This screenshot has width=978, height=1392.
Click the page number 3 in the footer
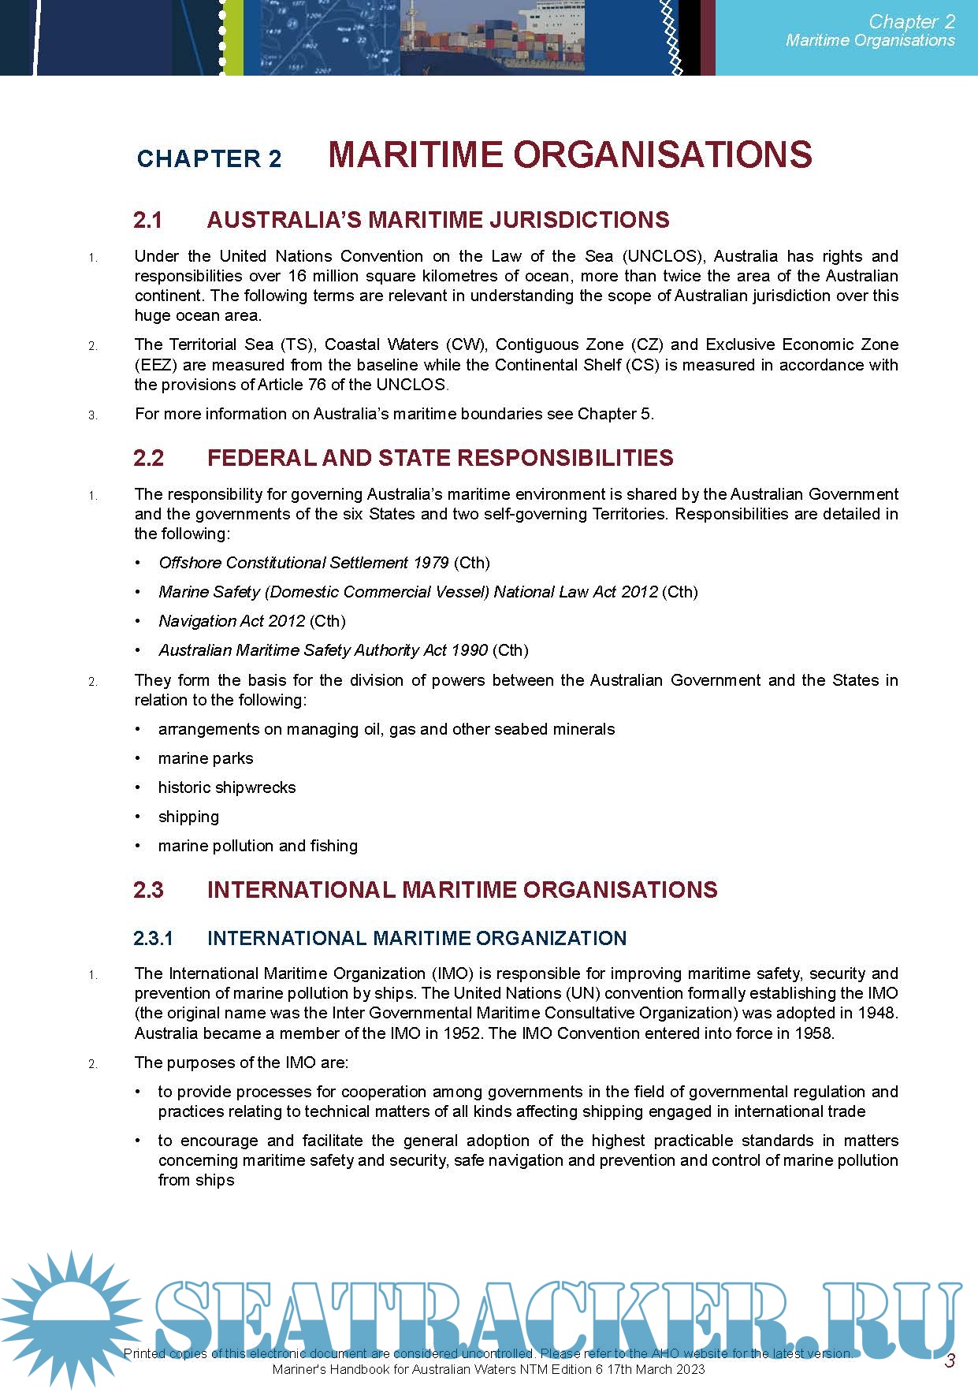[950, 1360]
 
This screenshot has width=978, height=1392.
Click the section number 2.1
[147, 220]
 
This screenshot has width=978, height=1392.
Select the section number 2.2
[148, 458]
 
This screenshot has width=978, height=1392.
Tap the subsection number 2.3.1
[153, 938]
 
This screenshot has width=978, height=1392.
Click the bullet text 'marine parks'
[206, 758]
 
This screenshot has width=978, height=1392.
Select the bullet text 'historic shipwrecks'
[227, 787]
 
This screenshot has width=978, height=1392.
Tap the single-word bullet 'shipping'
[188, 817]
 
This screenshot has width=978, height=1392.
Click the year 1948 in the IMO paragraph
[879, 1013]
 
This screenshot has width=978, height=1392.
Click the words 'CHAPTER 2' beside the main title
[209, 158]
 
